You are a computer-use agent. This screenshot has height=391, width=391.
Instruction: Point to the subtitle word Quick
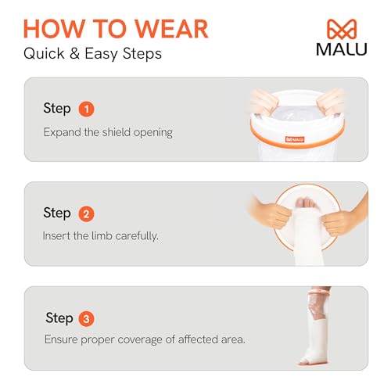(x=45, y=54)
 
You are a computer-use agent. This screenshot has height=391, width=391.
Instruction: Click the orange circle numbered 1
(x=87, y=109)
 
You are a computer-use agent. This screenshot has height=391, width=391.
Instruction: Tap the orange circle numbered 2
(x=87, y=213)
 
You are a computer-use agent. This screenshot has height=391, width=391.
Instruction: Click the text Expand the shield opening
(x=107, y=132)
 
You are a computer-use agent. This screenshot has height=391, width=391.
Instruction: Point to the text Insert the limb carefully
(x=100, y=235)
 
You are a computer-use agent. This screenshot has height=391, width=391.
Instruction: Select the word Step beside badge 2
(x=57, y=213)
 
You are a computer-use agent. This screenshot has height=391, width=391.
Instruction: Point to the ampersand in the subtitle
(x=81, y=54)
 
